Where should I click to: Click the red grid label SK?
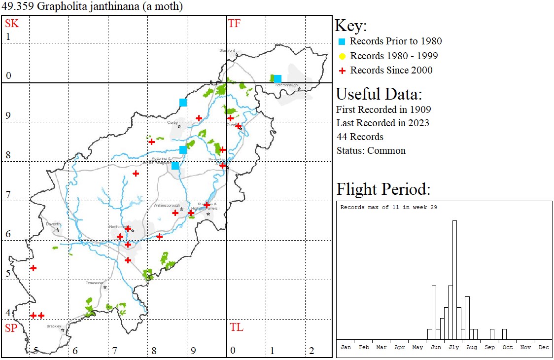[x=12, y=24]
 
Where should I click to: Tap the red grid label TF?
[x=234, y=24]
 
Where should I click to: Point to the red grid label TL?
[x=236, y=327]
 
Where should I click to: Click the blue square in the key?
[x=342, y=41]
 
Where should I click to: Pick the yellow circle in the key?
[x=342, y=56]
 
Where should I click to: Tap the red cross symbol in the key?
[x=342, y=71]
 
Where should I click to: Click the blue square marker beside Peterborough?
[x=277, y=79]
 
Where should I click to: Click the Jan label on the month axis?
[x=346, y=347]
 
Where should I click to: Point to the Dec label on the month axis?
[x=544, y=347]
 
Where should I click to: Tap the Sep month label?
[x=489, y=347]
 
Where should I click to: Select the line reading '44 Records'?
[x=360, y=137]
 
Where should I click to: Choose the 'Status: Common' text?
[x=371, y=150]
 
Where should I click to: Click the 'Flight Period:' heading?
[x=383, y=189]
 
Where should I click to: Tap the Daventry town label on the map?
[x=53, y=224]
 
